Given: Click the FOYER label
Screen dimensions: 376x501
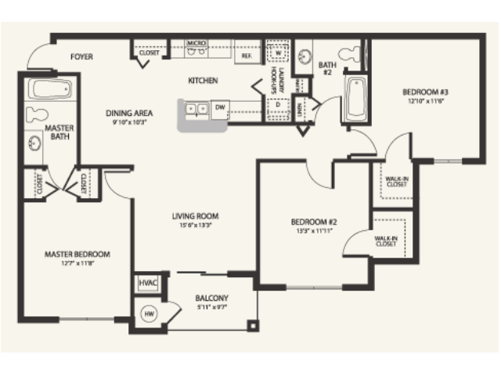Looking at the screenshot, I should point(82,56).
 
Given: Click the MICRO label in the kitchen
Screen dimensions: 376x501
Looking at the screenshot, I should point(196,43).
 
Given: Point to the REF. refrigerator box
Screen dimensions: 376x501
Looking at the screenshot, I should point(246,56).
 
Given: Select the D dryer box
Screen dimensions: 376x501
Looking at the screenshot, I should point(277,104).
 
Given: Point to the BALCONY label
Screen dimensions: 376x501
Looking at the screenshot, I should point(211,298).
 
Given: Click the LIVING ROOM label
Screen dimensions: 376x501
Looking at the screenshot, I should point(195,216).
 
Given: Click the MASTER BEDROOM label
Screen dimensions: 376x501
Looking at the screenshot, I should point(77,255).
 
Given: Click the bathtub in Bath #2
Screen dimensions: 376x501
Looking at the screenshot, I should point(355,98).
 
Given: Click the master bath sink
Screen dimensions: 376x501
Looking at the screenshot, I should point(35,145).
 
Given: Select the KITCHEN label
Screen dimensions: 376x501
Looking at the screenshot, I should point(202,81).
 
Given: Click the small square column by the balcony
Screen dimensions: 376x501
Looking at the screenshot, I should point(251,325).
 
